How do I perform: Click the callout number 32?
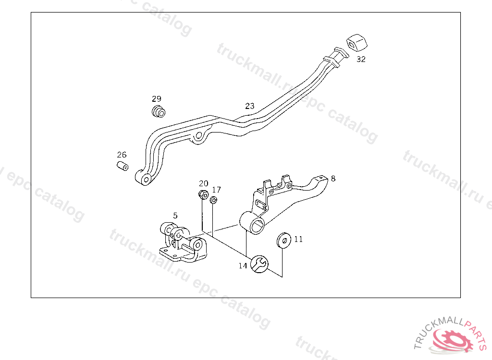click(x=361, y=59)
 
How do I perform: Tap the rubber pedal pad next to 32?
click(x=357, y=42)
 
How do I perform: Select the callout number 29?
click(x=157, y=99)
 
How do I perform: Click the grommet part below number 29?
click(x=159, y=111)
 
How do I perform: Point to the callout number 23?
click(x=250, y=106)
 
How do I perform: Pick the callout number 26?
click(x=122, y=155)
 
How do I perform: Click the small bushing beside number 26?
click(x=123, y=166)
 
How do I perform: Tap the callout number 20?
click(x=204, y=183)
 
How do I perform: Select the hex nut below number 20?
click(x=204, y=194)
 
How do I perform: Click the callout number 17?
click(x=217, y=190)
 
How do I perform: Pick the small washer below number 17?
click(x=214, y=200)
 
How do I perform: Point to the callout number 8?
click(x=333, y=179)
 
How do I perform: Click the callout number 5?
click(x=175, y=216)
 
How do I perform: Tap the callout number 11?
click(x=298, y=239)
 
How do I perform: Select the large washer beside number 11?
click(x=283, y=240)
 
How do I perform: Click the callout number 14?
click(x=243, y=265)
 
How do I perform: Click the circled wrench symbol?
click(x=259, y=264)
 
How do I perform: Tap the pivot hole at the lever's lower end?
click(x=146, y=180)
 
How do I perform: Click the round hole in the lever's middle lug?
click(x=198, y=136)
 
